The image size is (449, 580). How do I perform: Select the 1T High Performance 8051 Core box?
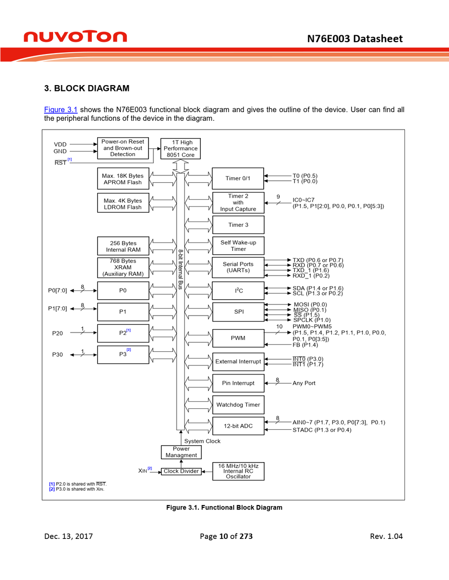(x=180, y=149)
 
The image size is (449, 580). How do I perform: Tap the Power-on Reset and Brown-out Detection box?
(x=122, y=148)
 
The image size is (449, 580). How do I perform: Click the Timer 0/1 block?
(x=238, y=178)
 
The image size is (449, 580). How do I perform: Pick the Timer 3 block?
(x=238, y=225)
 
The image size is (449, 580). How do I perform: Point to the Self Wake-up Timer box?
(x=238, y=246)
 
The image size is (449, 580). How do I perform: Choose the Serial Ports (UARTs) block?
(x=238, y=267)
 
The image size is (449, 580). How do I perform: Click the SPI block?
(x=238, y=312)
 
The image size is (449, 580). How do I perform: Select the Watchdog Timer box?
(x=238, y=405)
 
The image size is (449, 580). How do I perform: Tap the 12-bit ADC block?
(x=238, y=426)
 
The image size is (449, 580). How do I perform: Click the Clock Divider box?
(x=181, y=471)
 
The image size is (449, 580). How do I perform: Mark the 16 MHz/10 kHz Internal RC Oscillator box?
(x=238, y=471)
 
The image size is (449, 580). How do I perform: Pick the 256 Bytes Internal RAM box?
(x=123, y=246)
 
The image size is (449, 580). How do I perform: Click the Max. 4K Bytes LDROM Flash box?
(x=123, y=203)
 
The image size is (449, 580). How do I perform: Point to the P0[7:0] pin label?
(x=58, y=290)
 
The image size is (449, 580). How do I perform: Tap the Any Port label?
(x=304, y=383)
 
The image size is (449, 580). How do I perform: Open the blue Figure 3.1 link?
(x=60, y=110)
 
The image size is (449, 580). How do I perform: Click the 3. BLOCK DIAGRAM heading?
(x=87, y=88)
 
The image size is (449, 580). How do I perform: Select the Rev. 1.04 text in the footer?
(x=386, y=536)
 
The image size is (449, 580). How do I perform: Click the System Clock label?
(x=202, y=441)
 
